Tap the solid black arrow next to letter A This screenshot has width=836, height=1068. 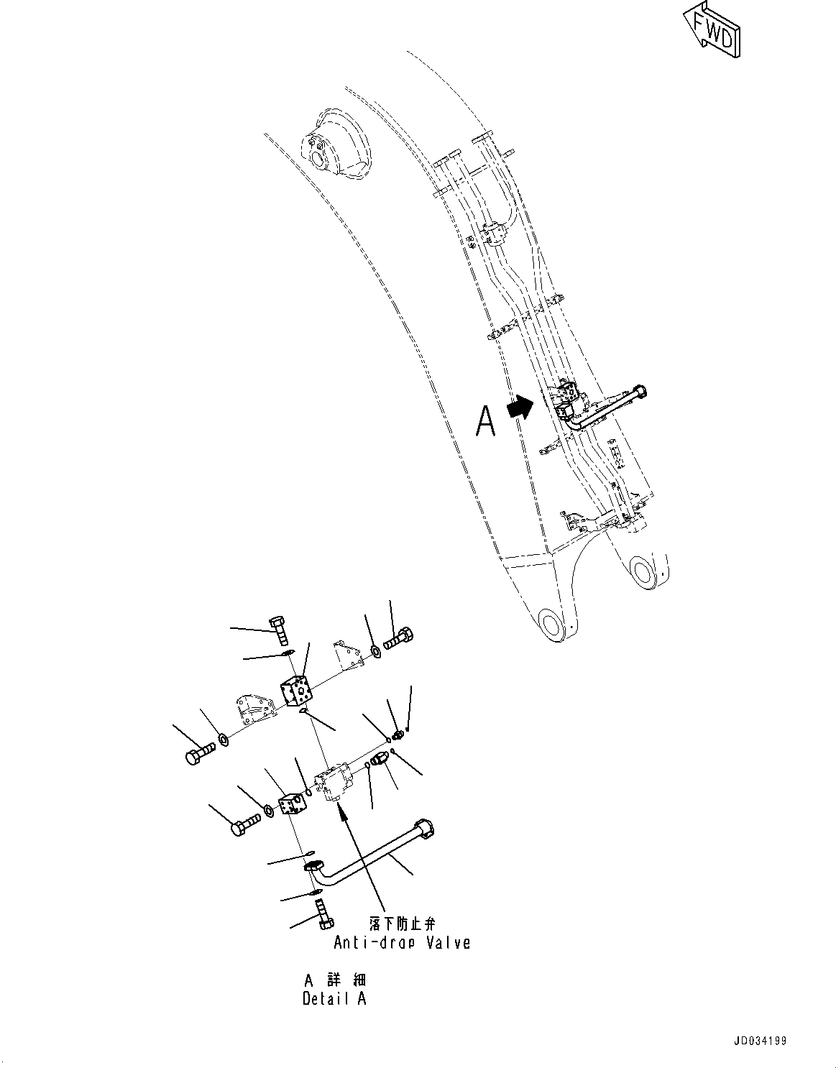click(x=520, y=409)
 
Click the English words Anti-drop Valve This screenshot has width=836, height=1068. click(x=402, y=942)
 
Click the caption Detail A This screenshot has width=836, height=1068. click(x=334, y=998)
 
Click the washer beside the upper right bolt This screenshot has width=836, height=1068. click(x=376, y=652)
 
